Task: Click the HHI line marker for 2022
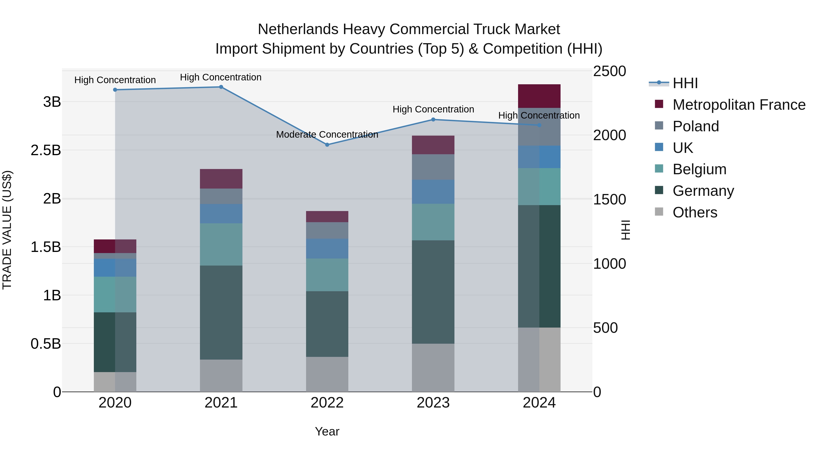pyautogui.click(x=327, y=145)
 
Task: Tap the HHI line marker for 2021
pyautogui.click(x=221, y=87)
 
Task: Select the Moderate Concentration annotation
pyautogui.click(x=327, y=135)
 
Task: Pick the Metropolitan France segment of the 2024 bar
pyautogui.click(x=539, y=96)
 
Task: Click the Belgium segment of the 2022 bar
pyautogui.click(x=327, y=275)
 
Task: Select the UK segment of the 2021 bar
pyautogui.click(x=221, y=214)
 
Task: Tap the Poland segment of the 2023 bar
pyautogui.click(x=433, y=167)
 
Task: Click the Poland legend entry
pyautogui.click(x=696, y=126)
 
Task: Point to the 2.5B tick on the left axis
pyautogui.click(x=46, y=150)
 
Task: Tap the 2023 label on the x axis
pyautogui.click(x=433, y=403)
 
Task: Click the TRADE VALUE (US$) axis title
pyautogui.click(x=7, y=230)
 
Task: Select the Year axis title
pyautogui.click(x=327, y=431)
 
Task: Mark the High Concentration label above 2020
pyautogui.click(x=115, y=80)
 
